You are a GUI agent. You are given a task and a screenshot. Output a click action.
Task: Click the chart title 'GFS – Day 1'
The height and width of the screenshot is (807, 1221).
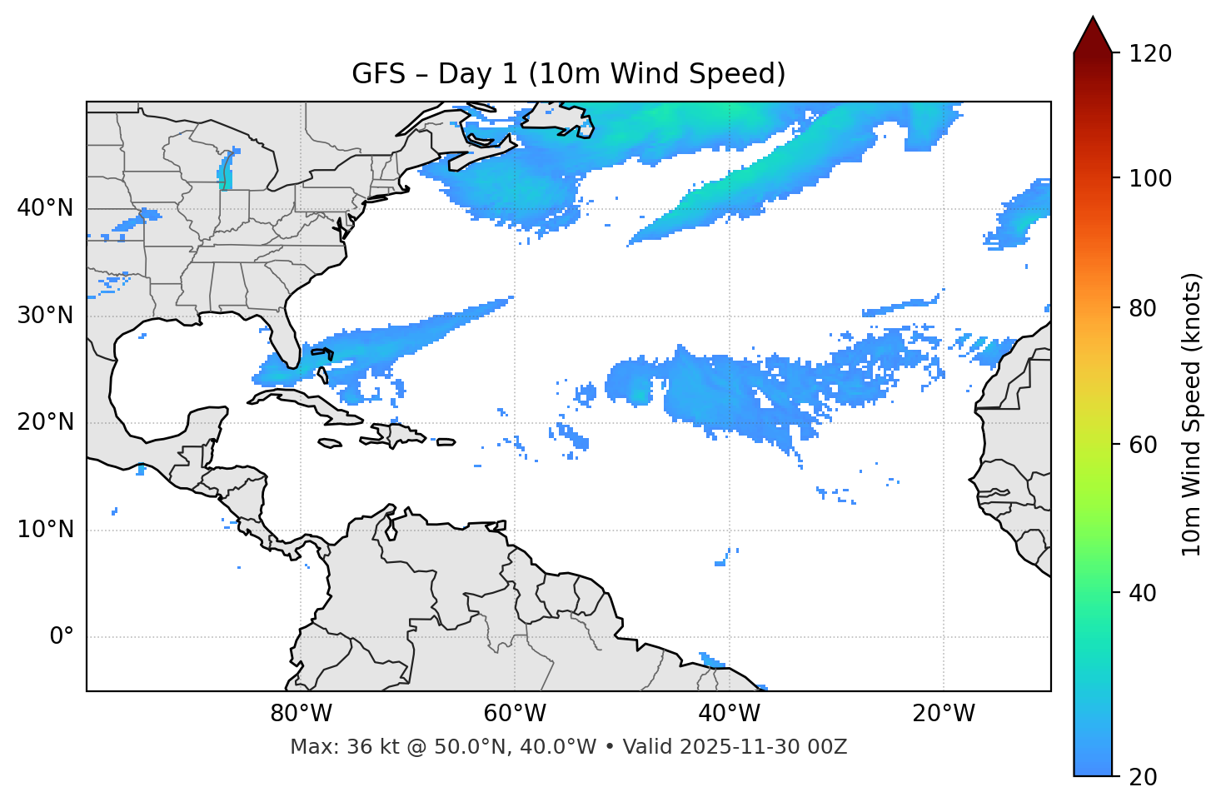tap(568, 74)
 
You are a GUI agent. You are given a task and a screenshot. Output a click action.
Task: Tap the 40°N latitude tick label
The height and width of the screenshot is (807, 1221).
tap(45, 208)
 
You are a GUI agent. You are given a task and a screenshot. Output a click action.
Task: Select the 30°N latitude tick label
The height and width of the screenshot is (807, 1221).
tap(45, 316)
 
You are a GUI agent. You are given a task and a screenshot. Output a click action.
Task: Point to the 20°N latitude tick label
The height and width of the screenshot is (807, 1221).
tap(45, 422)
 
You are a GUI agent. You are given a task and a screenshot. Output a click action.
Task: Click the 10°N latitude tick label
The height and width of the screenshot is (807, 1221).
tap(45, 530)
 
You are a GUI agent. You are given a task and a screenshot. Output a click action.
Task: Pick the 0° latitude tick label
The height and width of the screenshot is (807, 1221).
tap(62, 637)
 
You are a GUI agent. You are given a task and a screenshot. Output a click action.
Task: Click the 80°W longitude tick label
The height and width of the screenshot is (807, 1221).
tap(301, 714)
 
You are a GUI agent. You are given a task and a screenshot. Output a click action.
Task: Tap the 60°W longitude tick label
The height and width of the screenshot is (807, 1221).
tap(515, 714)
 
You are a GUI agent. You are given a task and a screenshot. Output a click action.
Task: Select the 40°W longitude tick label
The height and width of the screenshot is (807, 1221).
tap(729, 714)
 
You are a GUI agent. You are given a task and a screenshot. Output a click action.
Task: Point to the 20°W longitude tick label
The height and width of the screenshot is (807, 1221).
tap(943, 714)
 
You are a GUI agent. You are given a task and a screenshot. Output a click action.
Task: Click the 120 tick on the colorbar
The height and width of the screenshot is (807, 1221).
tap(1151, 54)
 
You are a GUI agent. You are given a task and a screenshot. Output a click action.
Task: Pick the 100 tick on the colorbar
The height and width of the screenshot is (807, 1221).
tap(1151, 178)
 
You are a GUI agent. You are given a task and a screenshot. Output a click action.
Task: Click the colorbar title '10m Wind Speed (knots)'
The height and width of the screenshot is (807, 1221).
tap(1192, 414)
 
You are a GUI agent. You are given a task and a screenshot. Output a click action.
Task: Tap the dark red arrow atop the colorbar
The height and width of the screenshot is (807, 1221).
tap(1093, 35)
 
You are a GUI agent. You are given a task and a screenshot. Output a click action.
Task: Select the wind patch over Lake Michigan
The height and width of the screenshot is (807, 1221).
tap(225, 172)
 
